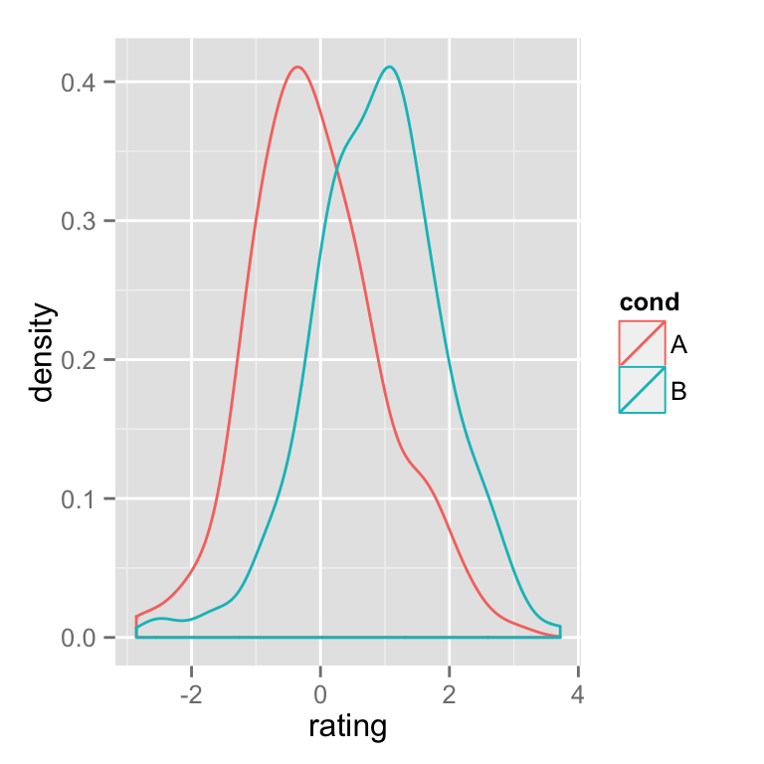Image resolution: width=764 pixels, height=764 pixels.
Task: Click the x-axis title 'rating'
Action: (347, 727)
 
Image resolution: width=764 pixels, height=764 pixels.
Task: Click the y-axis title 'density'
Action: (42, 353)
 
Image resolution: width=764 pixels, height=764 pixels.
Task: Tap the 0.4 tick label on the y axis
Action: (78, 83)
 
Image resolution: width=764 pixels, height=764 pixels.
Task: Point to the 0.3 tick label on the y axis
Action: (78, 221)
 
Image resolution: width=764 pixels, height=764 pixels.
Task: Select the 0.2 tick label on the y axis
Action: (78, 360)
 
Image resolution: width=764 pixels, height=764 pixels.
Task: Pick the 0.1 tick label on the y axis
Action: (78, 498)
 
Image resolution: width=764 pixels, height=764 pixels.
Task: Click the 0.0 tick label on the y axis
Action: (78, 638)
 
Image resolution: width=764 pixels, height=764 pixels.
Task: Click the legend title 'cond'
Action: (649, 302)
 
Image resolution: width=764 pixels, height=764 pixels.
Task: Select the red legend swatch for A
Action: (642, 343)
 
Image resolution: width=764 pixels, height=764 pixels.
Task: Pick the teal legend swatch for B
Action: (642, 390)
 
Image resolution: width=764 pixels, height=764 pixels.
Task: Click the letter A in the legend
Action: (679, 345)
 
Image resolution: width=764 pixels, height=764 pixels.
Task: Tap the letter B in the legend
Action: (679, 391)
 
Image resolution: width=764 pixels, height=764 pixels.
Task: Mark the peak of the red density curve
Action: (297, 67)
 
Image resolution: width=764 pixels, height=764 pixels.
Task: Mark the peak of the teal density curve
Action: (390, 67)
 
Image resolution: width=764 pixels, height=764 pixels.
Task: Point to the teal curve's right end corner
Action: (561, 626)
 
